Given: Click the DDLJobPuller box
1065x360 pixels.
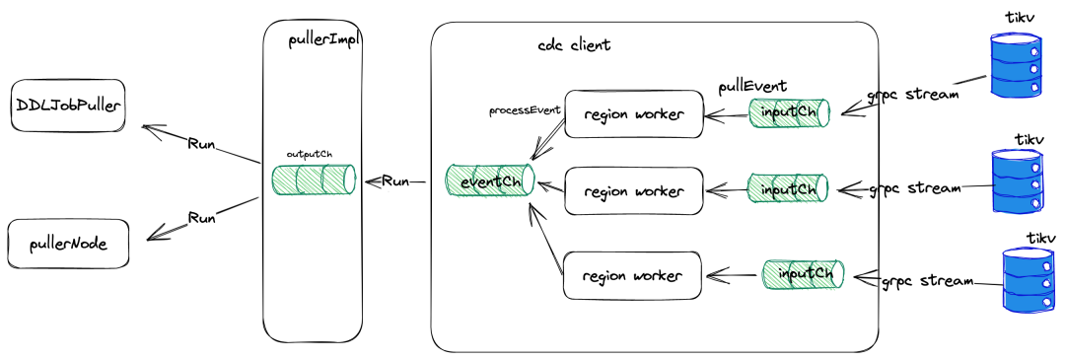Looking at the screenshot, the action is pyautogui.click(x=69, y=106).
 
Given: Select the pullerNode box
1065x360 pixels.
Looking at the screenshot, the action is pyautogui.click(x=68, y=244).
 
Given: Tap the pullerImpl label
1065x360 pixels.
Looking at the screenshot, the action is pyautogui.click(x=324, y=39).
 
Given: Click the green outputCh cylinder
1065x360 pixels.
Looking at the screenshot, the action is pyautogui.click(x=314, y=179).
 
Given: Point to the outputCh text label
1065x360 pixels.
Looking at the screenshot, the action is pyautogui.click(x=309, y=154).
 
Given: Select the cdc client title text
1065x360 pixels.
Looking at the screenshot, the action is pyautogui.click(x=574, y=45).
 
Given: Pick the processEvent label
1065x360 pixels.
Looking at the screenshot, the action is pyautogui.click(x=525, y=110).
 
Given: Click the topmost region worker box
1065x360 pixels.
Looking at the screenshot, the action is pyautogui.click(x=634, y=114).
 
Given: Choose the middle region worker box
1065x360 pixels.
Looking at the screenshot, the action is pyautogui.click(x=634, y=191).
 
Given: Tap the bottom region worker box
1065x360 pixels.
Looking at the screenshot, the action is pyautogui.click(x=632, y=275).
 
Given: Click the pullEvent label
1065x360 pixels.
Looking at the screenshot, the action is pyautogui.click(x=752, y=86).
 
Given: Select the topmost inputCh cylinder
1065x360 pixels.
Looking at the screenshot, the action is pyautogui.click(x=789, y=112).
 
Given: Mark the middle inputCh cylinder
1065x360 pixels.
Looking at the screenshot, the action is pyautogui.click(x=788, y=188).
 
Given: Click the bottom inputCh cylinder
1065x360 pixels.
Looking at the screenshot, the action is pyautogui.click(x=804, y=275).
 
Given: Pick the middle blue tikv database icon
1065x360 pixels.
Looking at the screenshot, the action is pyautogui.click(x=1018, y=180).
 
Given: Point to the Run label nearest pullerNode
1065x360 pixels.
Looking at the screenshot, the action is pyautogui.click(x=202, y=218).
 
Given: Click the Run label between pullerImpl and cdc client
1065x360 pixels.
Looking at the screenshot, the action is pyautogui.click(x=395, y=181).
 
